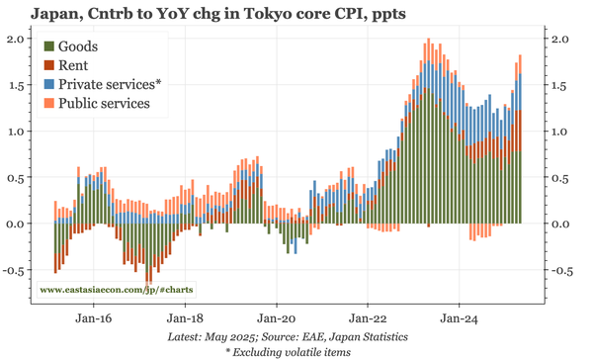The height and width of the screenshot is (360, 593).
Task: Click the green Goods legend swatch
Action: point(49,47)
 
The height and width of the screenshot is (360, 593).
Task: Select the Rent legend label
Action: point(75,66)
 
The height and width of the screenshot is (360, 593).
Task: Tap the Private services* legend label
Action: point(110,85)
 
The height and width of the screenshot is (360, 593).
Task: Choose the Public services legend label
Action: point(104,103)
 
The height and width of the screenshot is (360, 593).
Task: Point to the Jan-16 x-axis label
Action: point(92,319)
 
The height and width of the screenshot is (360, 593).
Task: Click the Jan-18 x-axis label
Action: point(185,319)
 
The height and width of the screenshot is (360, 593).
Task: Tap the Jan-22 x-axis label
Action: point(369,319)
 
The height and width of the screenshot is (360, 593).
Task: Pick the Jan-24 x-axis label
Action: point(460,319)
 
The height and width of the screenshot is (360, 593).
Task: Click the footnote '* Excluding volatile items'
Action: point(296,351)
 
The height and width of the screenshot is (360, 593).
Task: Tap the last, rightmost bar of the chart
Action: point(520,138)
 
